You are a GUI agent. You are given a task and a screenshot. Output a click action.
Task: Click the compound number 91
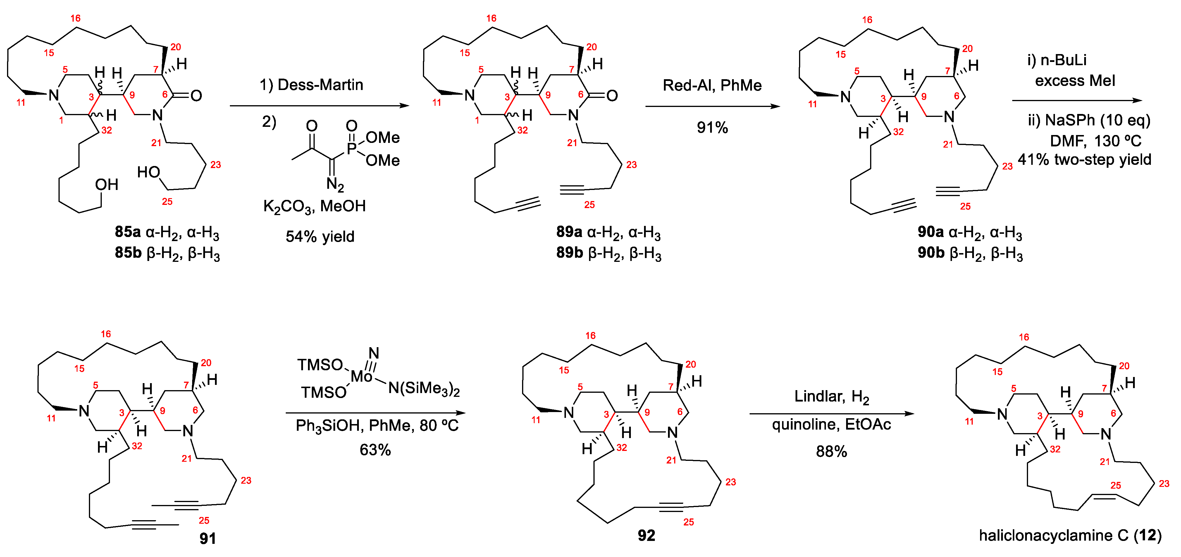[x=208, y=538]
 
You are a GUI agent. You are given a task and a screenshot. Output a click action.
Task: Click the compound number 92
[x=646, y=535]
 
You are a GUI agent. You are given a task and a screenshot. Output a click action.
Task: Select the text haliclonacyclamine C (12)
[x=1070, y=535]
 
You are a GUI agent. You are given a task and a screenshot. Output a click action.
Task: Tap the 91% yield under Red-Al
[x=712, y=127]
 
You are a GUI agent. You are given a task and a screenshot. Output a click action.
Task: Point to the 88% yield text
[x=831, y=452]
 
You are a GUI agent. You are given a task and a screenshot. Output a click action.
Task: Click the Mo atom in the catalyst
[x=361, y=376]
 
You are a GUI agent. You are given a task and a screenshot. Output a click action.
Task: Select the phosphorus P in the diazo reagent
[x=351, y=148]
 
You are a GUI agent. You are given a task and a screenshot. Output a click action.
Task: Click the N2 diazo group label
[x=335, y=185]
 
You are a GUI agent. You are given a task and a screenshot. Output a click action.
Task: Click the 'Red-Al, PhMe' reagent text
[x=712, y=85]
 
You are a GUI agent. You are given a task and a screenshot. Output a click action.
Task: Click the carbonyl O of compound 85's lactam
[x=196, y=96]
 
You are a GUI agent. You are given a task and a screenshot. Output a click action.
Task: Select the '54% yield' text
[x=320, y=237]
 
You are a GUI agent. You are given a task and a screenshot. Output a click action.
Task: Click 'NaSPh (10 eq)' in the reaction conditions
[x=1098, y=120]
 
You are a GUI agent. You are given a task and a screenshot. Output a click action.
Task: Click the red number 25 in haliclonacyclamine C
[x=1115, y=485]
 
